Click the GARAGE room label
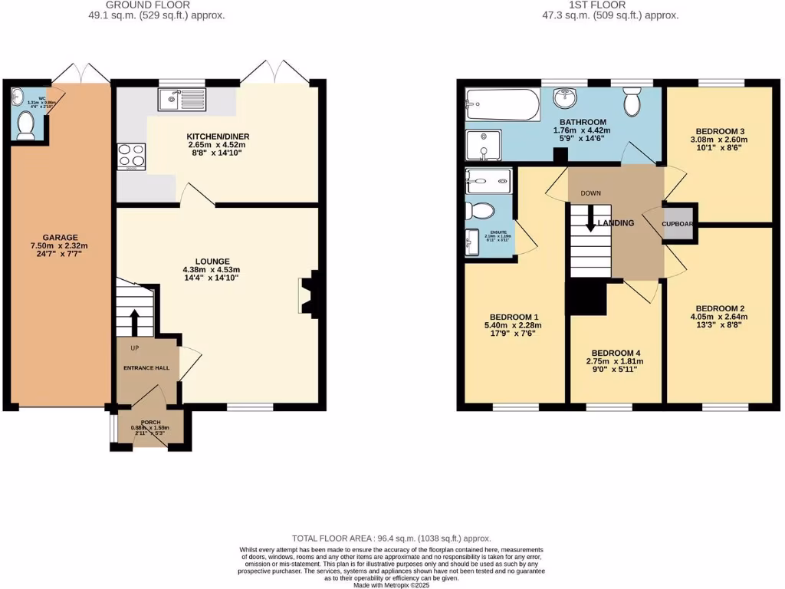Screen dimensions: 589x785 point(60,237)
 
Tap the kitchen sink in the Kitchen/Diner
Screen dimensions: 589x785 point(182,99)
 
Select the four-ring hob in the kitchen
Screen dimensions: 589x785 point(130,156)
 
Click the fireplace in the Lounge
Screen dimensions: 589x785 point(309,295)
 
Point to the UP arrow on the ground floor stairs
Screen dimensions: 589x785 point(135,323)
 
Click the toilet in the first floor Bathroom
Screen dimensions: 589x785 point(632,101)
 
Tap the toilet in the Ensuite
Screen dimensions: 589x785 point(481,211)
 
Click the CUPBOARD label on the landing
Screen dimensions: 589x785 point(679,224)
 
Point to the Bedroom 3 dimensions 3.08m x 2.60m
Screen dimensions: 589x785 point(718,140)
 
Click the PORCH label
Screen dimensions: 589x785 point(149,423)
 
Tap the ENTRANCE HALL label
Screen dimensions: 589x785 point(146,368)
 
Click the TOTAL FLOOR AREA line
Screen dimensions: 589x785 point(392,538)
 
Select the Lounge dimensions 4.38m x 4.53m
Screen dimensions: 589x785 point(212,269)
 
